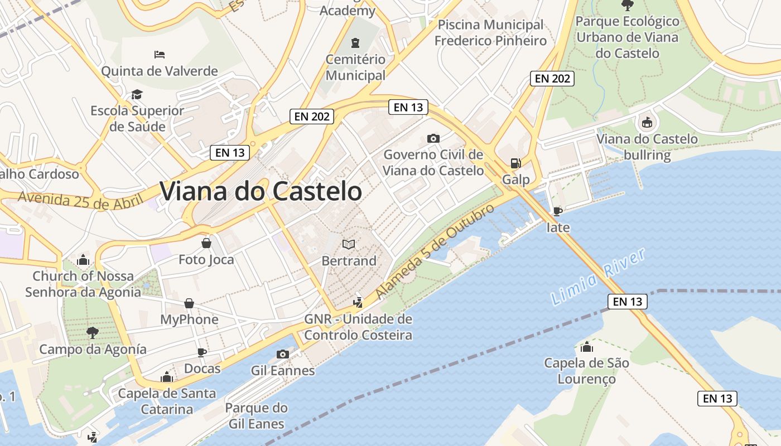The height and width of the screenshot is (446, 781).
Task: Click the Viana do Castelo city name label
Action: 261,191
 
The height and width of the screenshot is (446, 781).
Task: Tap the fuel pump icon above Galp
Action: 515,163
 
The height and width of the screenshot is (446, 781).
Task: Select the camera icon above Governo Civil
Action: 433,138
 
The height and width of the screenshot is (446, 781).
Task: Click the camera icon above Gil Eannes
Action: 283,354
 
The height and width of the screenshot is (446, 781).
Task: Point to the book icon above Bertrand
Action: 349,244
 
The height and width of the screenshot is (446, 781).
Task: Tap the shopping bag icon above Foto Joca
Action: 206,243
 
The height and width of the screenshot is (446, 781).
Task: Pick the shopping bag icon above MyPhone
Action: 189,303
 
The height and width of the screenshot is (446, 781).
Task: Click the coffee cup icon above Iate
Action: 557,211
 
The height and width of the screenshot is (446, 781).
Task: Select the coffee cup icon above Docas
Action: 202,352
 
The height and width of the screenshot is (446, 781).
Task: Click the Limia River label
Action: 598,277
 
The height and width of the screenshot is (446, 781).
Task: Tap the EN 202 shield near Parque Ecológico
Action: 552,79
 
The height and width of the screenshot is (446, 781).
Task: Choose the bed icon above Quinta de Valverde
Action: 160,55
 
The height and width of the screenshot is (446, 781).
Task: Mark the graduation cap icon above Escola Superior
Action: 137,94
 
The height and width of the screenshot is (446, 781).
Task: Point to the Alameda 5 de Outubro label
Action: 435,251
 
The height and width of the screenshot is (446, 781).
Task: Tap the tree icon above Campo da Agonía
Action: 93,333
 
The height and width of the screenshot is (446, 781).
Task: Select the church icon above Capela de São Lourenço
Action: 586,347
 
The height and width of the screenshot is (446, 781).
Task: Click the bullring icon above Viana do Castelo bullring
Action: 647,122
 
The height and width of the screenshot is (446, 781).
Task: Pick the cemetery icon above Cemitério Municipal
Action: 355,43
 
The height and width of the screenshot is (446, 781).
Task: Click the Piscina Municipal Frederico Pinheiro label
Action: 490,33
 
